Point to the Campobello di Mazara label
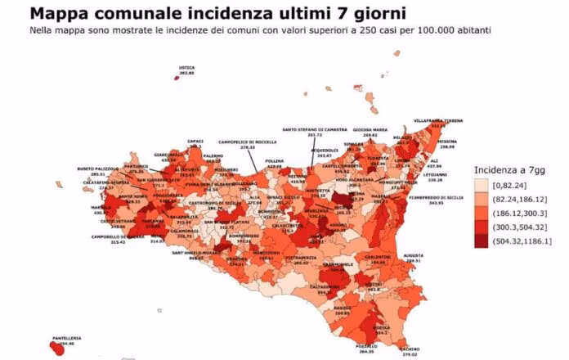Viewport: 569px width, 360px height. click(x=111, y=237)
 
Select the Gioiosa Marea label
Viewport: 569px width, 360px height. click(x=369, y=129)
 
